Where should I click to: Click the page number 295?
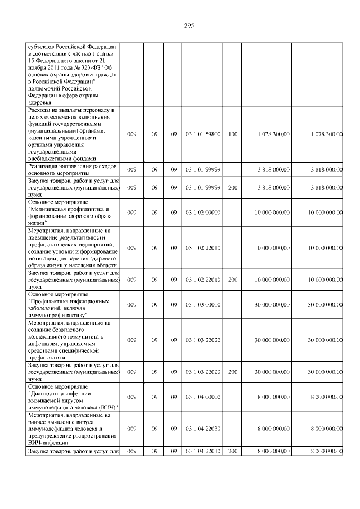[189, 26]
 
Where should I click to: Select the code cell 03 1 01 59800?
[202, 134]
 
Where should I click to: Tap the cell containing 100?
[233, 134]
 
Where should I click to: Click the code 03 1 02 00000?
[202, 213]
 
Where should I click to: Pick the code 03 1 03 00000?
[202, 304]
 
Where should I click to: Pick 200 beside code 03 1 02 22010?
[233, 279]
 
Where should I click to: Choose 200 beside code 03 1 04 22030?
[233, 451]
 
